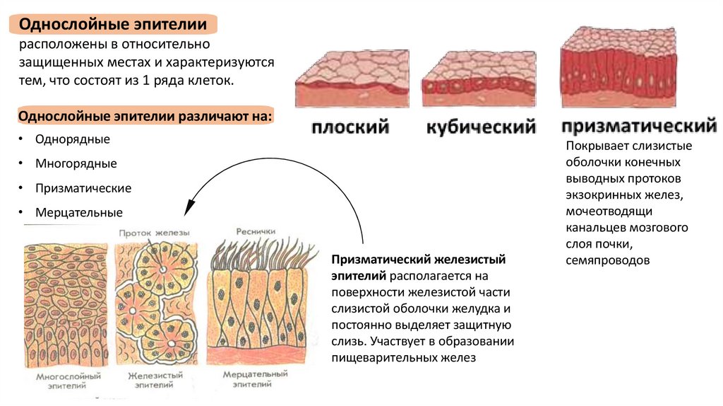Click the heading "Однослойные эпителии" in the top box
point(112,25)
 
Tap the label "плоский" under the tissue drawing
point(351,128)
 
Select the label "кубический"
point(480,128)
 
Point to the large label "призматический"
point(639,127)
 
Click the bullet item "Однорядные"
point(73,139)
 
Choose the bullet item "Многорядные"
point(76,163)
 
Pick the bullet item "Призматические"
point(83,188)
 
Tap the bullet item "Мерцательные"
point(79,212)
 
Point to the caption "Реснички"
point(256,231)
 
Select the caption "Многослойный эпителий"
point(68,381)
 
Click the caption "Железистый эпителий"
point(155,381)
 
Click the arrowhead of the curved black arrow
point(188,209)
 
